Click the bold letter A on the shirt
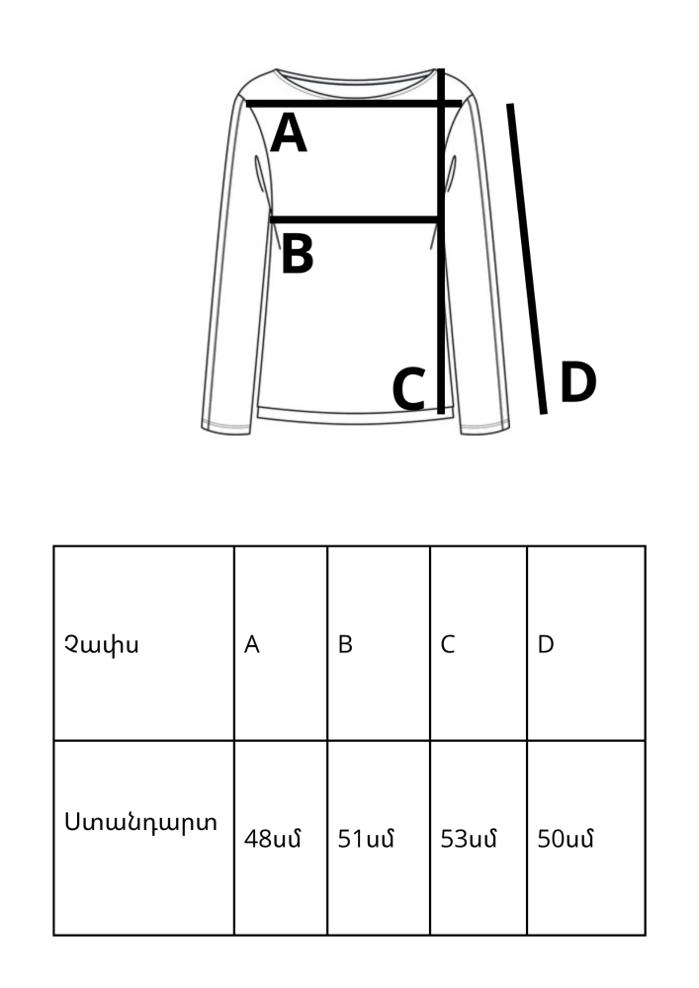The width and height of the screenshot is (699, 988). click(289, 133)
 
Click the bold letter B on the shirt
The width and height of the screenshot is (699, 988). click(297, 254)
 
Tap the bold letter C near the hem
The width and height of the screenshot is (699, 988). click(409, 389)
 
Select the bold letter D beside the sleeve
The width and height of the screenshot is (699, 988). click(578, 383)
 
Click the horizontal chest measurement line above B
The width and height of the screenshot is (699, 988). click(355, 219)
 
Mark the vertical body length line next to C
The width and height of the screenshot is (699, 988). click(441, 296)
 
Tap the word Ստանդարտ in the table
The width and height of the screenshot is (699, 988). click(141, 822)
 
